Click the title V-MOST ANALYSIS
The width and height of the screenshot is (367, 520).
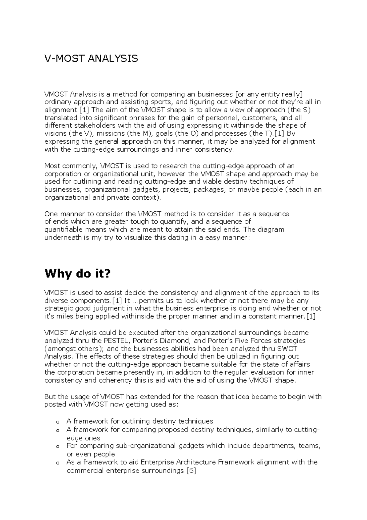click(x=91, y=58)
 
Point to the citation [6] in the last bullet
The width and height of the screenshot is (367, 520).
click(x=191, y=470)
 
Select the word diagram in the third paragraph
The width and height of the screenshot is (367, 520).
click(x=270, y=230)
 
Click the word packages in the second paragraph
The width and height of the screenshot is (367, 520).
click(x=209, y=190)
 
